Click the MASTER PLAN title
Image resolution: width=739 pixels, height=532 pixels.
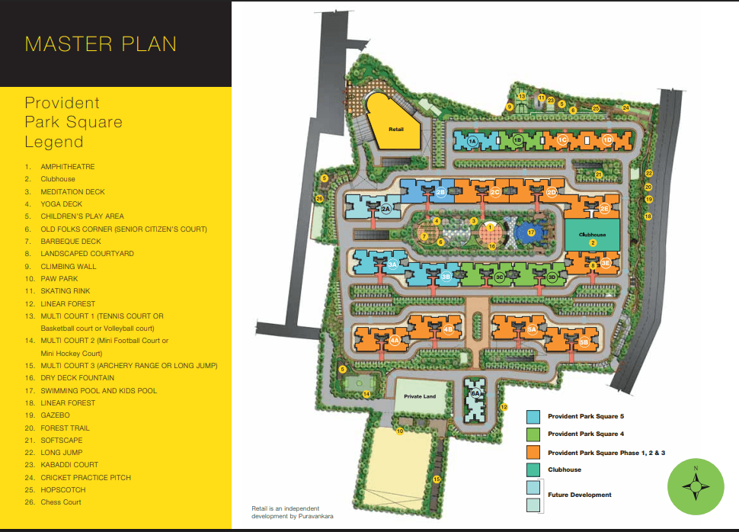pyautogui.click(x=101, y=43)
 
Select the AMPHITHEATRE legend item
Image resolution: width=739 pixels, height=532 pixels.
pyautogui.click(x=68, y=166)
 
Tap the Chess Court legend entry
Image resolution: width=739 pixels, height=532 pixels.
pyautogui.click(x=61, y=502)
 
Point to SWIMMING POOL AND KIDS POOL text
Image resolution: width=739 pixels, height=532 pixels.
pyautogui.click(x=99, y=390)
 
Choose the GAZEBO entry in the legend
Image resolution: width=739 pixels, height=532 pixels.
pyautogui.click(x=55, y=415)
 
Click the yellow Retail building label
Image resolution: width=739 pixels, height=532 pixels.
pyautogui.click(x=395, y=130)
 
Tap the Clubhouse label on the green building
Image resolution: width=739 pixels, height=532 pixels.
pyautogui.click(x=592, y=235)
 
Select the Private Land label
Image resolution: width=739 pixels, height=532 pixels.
pyautogui.click(x=420, y=397)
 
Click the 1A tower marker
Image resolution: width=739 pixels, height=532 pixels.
pyautogui.click(x=472, y=141)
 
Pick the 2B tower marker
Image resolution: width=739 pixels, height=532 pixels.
pyautogui.click(x=440, y=193)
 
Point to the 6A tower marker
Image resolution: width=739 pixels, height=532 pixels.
pyautogui.click(x=475, y=393)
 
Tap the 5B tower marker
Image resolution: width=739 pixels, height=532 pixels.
pyautogui.click(x=584, y=342)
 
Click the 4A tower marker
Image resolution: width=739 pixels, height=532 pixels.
pyautogui.click(x=395, y=341)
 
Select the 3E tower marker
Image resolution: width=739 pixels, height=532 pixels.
pyautogui.click(x=605, y=263)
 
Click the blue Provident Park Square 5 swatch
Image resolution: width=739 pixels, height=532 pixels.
pyautogui.click(x=533, y=417)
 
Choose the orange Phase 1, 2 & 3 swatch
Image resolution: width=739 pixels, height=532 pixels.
pyautogui.click(x=533, y=453)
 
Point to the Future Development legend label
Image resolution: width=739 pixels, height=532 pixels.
pyautogui.click(x=579, y=495)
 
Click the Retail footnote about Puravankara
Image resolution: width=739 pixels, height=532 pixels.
pyautogui.click(x=285, y=512)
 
